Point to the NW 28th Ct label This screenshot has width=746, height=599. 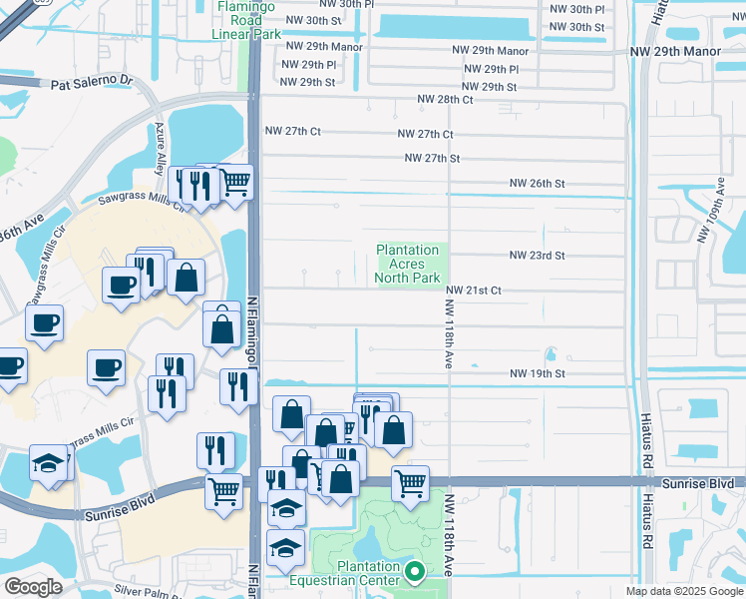point(445,100)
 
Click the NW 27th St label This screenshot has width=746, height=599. point(432,158)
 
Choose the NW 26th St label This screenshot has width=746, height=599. point(537,184)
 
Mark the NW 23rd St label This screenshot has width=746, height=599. point(537,256)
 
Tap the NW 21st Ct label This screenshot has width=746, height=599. point(472,291)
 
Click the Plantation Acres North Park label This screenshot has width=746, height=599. point(407,265)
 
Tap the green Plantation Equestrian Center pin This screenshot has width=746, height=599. point(415,571)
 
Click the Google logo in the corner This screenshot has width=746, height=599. point(33,587)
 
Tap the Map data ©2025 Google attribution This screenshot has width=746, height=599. point(684,591)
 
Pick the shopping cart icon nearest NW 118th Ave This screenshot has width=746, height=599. point(410,483)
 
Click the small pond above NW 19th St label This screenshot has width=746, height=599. point(550,354)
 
